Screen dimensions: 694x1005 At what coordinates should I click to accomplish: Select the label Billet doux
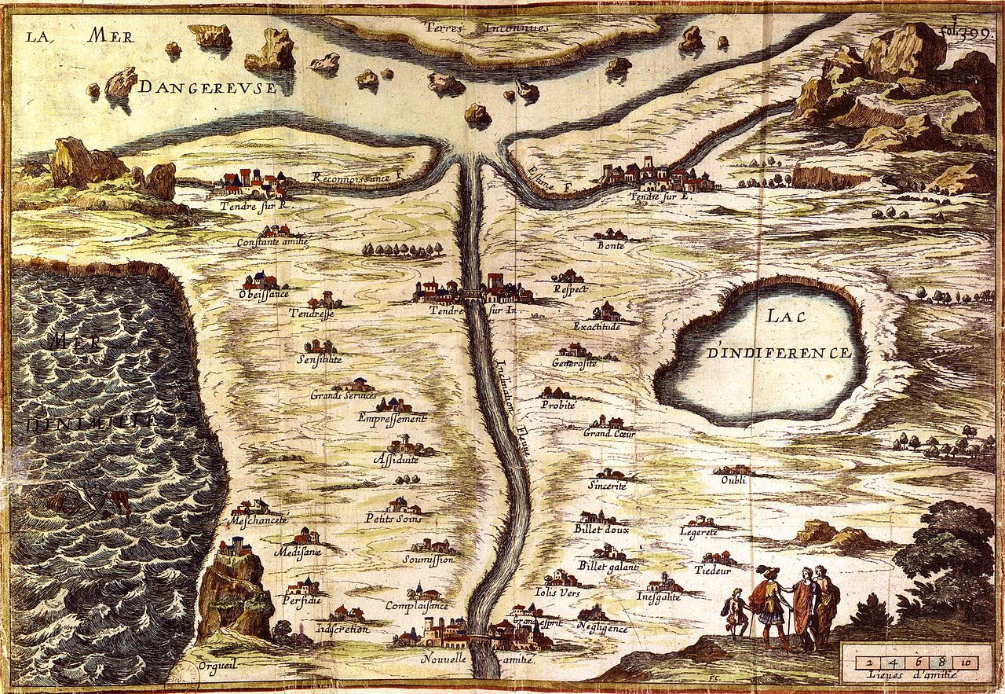click(x=601, y=529)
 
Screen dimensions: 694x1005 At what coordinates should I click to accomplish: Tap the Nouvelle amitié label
click(x=478, y=660)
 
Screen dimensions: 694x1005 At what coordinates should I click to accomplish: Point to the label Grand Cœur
click(x=609, y=433)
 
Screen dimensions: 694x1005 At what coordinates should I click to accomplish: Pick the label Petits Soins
click(x=393, y=518)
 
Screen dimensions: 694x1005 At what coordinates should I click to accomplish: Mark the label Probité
click(x=558, y=405)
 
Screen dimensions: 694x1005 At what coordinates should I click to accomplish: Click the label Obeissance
click(x=264, y=293)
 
